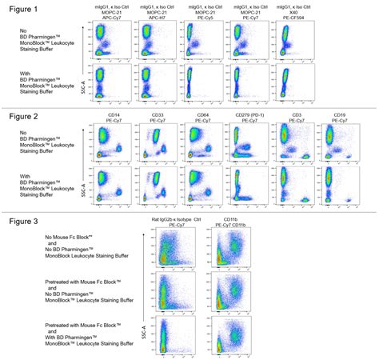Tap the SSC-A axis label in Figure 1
tap(84, 80)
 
